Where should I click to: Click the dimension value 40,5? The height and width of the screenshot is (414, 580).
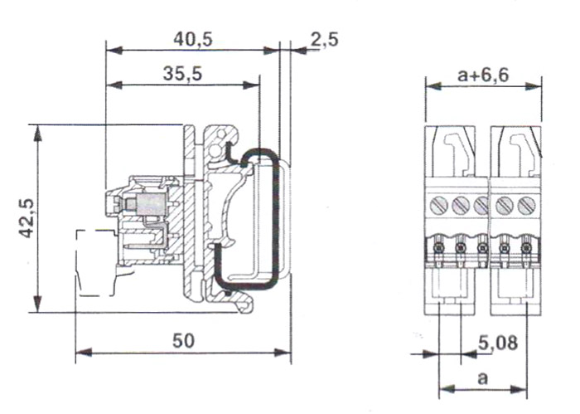coord(194,37)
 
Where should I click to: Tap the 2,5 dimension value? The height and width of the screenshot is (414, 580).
coord(324,38)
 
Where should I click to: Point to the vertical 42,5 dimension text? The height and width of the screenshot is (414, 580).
coord(27,218)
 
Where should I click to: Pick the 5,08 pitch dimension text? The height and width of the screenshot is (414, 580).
coord(498,341)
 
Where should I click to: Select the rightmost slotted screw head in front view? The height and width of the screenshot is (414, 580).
coord(525,204)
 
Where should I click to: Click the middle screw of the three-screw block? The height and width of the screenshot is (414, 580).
coord(462,204)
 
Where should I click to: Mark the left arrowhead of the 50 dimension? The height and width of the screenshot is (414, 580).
coord(80,353)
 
